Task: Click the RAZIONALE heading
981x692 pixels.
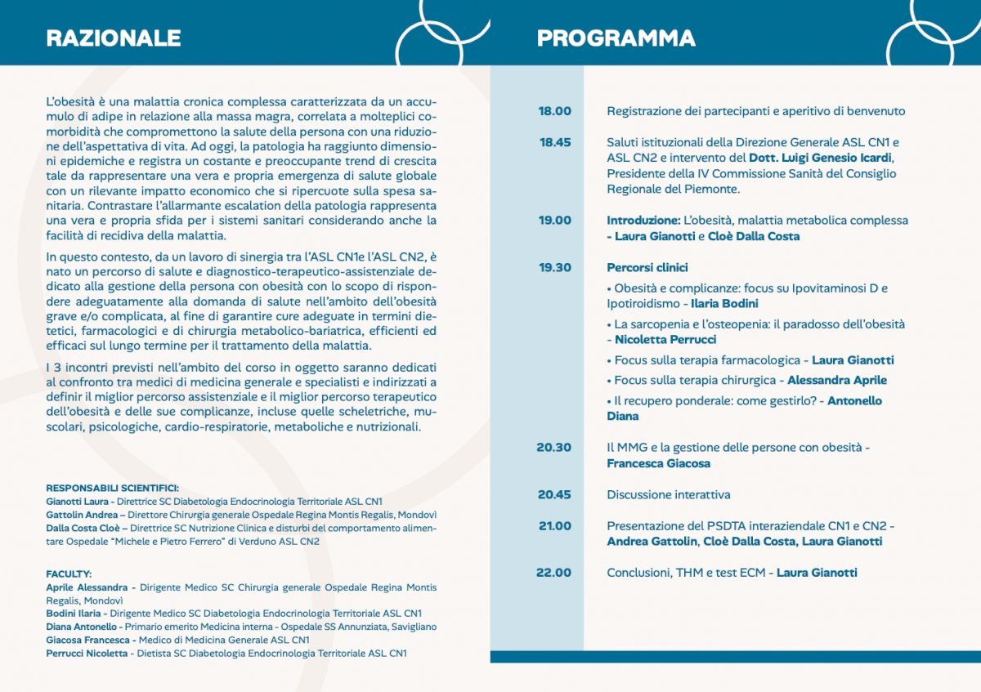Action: tap(114, 38)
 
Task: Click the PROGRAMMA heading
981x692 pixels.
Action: tap(616, 38)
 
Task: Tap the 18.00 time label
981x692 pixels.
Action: tap(555, 111)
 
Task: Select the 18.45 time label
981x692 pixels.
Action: tap(555, 142)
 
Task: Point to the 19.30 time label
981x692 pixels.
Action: tap(555, 267)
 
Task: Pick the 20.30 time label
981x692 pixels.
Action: tap(554, 448)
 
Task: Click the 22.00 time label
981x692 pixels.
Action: tap(554, 573)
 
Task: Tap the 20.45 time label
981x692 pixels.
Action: tap(554, 494)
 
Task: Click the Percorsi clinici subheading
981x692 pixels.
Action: tap(647, 267)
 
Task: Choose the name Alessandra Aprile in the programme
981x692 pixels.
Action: tap(836, 380)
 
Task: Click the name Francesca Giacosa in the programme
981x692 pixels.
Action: tap(658, 463)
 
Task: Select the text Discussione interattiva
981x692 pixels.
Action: tap(669, 494)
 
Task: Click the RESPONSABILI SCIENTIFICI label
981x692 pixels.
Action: tap(112, 487)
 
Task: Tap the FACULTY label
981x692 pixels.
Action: tap(69, 574)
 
